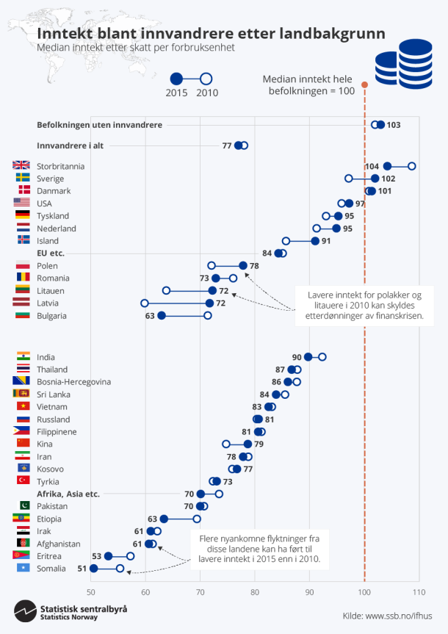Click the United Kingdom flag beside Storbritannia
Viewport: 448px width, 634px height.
click(x=22, y=166)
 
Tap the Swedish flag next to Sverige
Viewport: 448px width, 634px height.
click(x=22, y=179)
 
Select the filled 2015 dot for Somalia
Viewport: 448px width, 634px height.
click(x=93, y=569)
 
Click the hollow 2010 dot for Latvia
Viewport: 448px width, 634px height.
click(x=145, y=303)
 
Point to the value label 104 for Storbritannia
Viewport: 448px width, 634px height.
click(x=372, y=167)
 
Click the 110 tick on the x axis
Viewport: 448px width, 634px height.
click(x=419, y=592)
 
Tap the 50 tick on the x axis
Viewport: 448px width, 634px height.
click(x=91, y=592)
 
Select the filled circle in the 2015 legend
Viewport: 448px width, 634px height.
click(x=176, y=79)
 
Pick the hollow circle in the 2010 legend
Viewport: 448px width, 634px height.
click(x=206, y=79)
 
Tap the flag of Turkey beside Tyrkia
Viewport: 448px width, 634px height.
click(x=22, y=481)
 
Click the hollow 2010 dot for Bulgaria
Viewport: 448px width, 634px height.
click(x=208, y=316)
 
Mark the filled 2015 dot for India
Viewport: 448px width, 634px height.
click(x=308, y=357)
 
